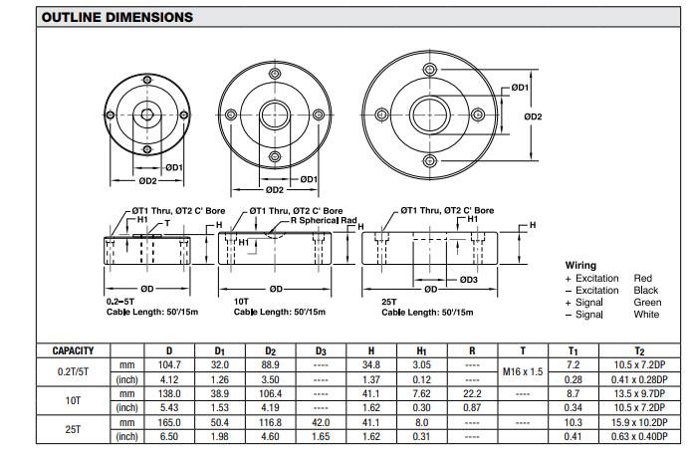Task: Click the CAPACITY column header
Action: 74,350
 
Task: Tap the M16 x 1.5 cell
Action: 524,371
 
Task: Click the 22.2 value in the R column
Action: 472,394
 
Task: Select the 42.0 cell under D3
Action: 321,423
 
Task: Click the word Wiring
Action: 580,266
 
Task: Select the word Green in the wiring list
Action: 647,302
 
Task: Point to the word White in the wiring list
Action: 646,315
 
